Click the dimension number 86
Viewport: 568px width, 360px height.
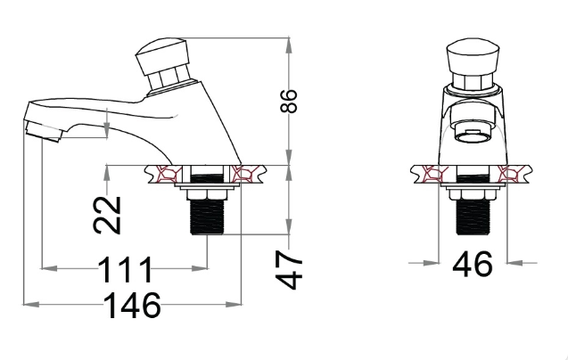(x=289, y=101)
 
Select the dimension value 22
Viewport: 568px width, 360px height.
(x=107, y=215)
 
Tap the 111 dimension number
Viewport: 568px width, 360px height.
(x=125, y=269)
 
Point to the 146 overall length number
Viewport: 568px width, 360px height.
(x=132, y=306)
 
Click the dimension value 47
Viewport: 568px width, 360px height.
(x=289, y=269)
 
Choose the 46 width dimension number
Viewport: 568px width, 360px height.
(x=473, y=264)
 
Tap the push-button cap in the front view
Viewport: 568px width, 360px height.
(x=473, y=58)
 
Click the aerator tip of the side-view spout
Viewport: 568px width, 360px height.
(x=44, y=132)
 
